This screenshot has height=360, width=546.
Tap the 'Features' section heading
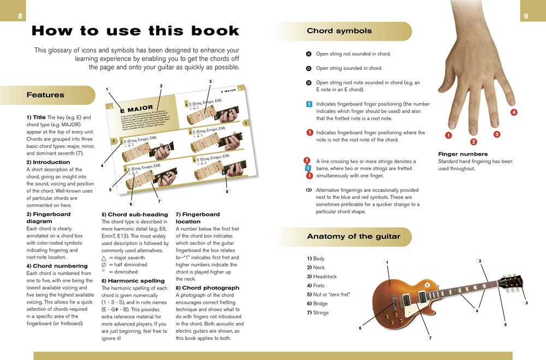45,95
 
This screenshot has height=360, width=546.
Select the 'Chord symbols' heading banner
339,31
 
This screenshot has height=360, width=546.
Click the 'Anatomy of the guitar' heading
353,237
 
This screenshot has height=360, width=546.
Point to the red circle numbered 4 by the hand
514,113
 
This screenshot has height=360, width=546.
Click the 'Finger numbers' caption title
462,154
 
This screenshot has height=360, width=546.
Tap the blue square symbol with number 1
309,104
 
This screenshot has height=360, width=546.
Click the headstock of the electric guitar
511,282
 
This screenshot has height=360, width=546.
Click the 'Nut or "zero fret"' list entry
328,294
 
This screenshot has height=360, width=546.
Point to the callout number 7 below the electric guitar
430,338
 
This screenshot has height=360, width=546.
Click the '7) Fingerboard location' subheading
198,218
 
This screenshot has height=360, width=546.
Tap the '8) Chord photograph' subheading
207,287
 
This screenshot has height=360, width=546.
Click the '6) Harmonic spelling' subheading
134,281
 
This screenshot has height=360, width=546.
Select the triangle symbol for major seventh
104,257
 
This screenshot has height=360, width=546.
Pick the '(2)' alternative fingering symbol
309,190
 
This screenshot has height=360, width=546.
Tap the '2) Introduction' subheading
48,162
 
